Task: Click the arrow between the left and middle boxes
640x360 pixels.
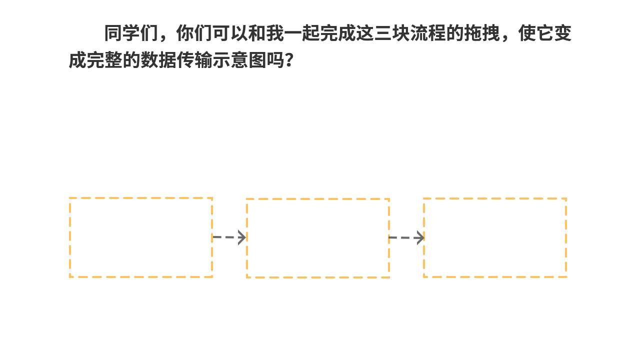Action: (x=229, y=237)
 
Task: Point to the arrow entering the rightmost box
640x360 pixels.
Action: (x=406, y=237)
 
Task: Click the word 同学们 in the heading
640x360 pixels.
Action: (x=131, y=33)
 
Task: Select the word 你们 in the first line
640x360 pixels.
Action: (x=194, y=33)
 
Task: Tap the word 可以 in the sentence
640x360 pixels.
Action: (x=230, y=33)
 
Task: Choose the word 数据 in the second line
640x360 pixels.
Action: (x=158, y=60)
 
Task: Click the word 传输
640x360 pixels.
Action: (x=194, y=60)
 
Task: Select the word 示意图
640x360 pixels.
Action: (x=239, y=60)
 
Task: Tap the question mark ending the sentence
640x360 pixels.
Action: (x=289, y=60)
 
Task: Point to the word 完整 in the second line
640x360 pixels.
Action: (x=104, y=60)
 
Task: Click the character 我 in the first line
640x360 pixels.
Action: (x=275, y=33)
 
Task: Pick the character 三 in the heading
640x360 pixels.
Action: (x=383, y=33)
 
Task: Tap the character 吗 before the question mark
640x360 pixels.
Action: (x=275, y=60)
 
